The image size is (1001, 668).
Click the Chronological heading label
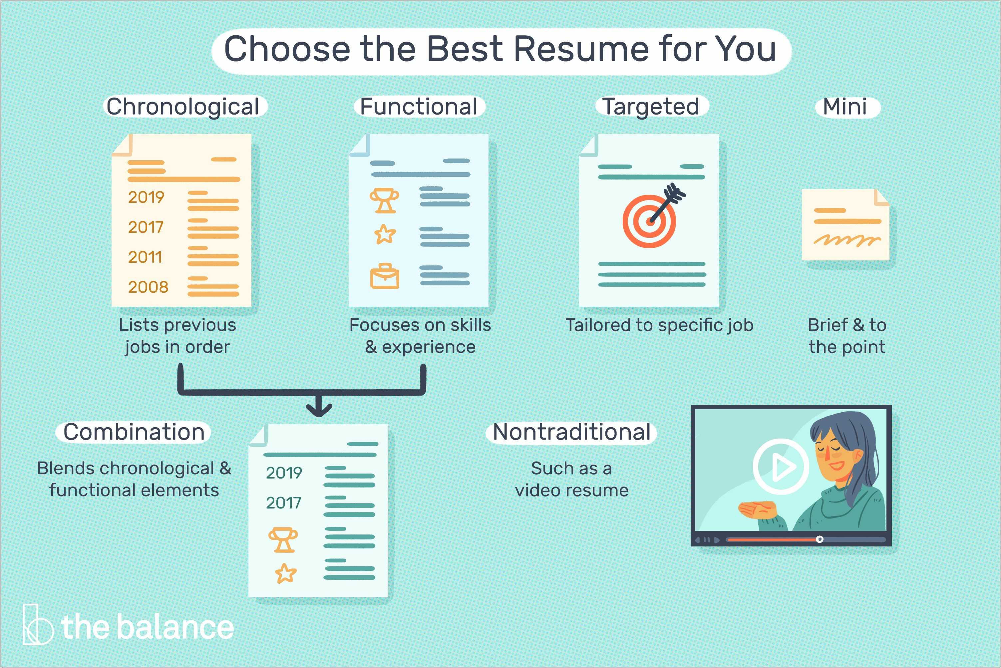point(183,107)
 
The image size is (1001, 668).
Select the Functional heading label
point(418,107)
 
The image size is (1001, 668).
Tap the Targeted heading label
point(651,107)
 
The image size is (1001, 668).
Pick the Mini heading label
point(845,107)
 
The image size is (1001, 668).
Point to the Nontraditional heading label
point(571,432)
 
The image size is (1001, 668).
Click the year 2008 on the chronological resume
point(148,287)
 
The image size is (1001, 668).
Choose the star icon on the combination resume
point(285,573)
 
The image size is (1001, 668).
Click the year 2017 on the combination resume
point(283,503)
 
